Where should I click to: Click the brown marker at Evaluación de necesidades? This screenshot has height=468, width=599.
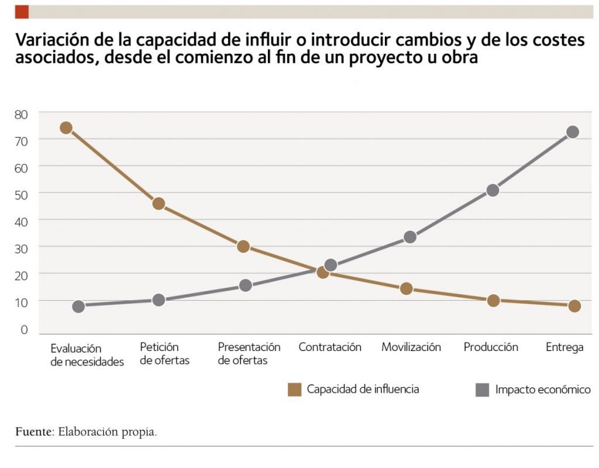[66, 128]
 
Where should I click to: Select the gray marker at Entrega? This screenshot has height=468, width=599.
[573, 132]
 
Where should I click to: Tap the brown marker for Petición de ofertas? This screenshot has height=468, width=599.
[159, 204]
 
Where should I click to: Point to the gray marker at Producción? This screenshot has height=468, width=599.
[493, 190]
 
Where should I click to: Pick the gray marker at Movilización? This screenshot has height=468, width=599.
[410, 237]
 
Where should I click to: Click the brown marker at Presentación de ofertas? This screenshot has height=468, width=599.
[243, 246]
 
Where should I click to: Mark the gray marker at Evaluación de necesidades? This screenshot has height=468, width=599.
[79, 307]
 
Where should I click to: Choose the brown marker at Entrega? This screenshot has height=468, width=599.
[574, 306]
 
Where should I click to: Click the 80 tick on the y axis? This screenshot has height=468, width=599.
[21, 113]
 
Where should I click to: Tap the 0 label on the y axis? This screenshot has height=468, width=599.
[24, 330]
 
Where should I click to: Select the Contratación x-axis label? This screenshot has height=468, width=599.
[330, 347]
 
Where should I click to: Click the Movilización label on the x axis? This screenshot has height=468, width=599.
[411, 347]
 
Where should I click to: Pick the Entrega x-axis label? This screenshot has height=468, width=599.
[564, 347]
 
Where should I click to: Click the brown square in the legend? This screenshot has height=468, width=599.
[295, 390]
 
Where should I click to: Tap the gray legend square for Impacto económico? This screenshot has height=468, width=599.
[482, 390]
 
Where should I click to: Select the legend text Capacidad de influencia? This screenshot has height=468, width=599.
[363, 389]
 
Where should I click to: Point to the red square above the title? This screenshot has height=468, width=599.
[22, 12]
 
